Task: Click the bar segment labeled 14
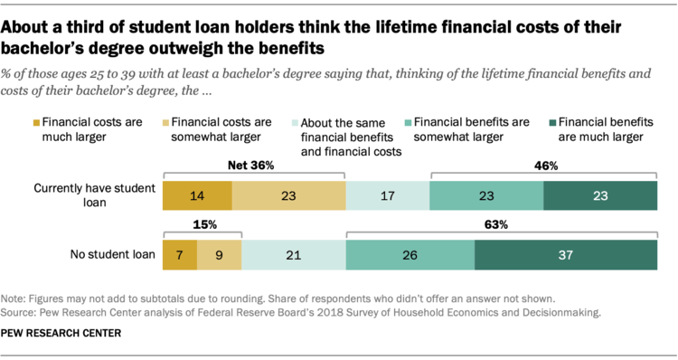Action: tap(197, 195)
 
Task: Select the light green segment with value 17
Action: tap(387, 195)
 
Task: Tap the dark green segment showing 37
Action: tap(565, 255)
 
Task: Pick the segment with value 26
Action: tap(410, 255)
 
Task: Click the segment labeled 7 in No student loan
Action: tap(179, 255)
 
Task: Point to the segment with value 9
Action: tap(219, 255)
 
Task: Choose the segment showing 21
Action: tap(294, 255)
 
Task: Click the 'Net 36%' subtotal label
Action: tap(254, 166)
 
